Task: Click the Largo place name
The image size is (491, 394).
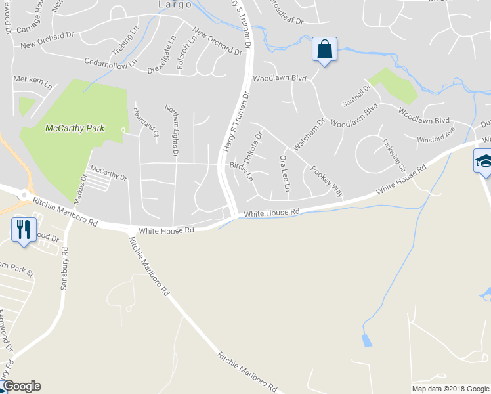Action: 174,4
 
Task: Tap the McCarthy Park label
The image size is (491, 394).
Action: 75,128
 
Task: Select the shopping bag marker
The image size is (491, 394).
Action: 324,50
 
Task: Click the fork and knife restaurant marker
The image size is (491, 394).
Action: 24,229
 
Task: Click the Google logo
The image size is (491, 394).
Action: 21,386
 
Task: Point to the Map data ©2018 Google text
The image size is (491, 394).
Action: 450,389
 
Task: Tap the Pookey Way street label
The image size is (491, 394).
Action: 328,181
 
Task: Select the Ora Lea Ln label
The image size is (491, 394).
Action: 285,173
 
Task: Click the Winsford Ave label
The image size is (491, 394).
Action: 437,136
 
